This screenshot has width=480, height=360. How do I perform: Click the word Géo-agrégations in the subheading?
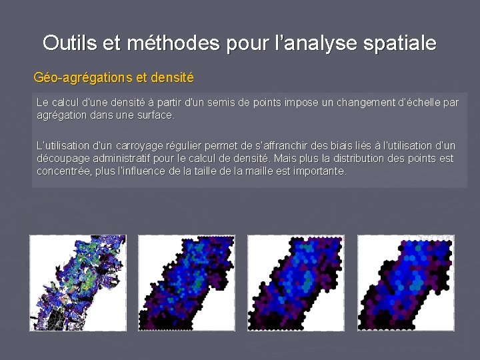[x=75, y=78]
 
